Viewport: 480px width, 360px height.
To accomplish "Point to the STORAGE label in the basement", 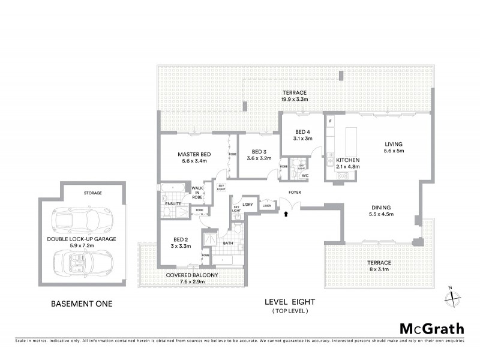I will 92,193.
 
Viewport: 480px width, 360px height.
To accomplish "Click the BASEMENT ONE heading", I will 82,304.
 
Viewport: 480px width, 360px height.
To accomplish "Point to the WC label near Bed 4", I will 305,176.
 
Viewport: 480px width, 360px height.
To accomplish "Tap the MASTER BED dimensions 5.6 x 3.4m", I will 193,161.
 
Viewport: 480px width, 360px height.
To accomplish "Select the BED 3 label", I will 259,151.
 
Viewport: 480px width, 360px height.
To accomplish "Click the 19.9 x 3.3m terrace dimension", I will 295,99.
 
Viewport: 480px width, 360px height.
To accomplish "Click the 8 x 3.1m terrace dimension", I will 379,270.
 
